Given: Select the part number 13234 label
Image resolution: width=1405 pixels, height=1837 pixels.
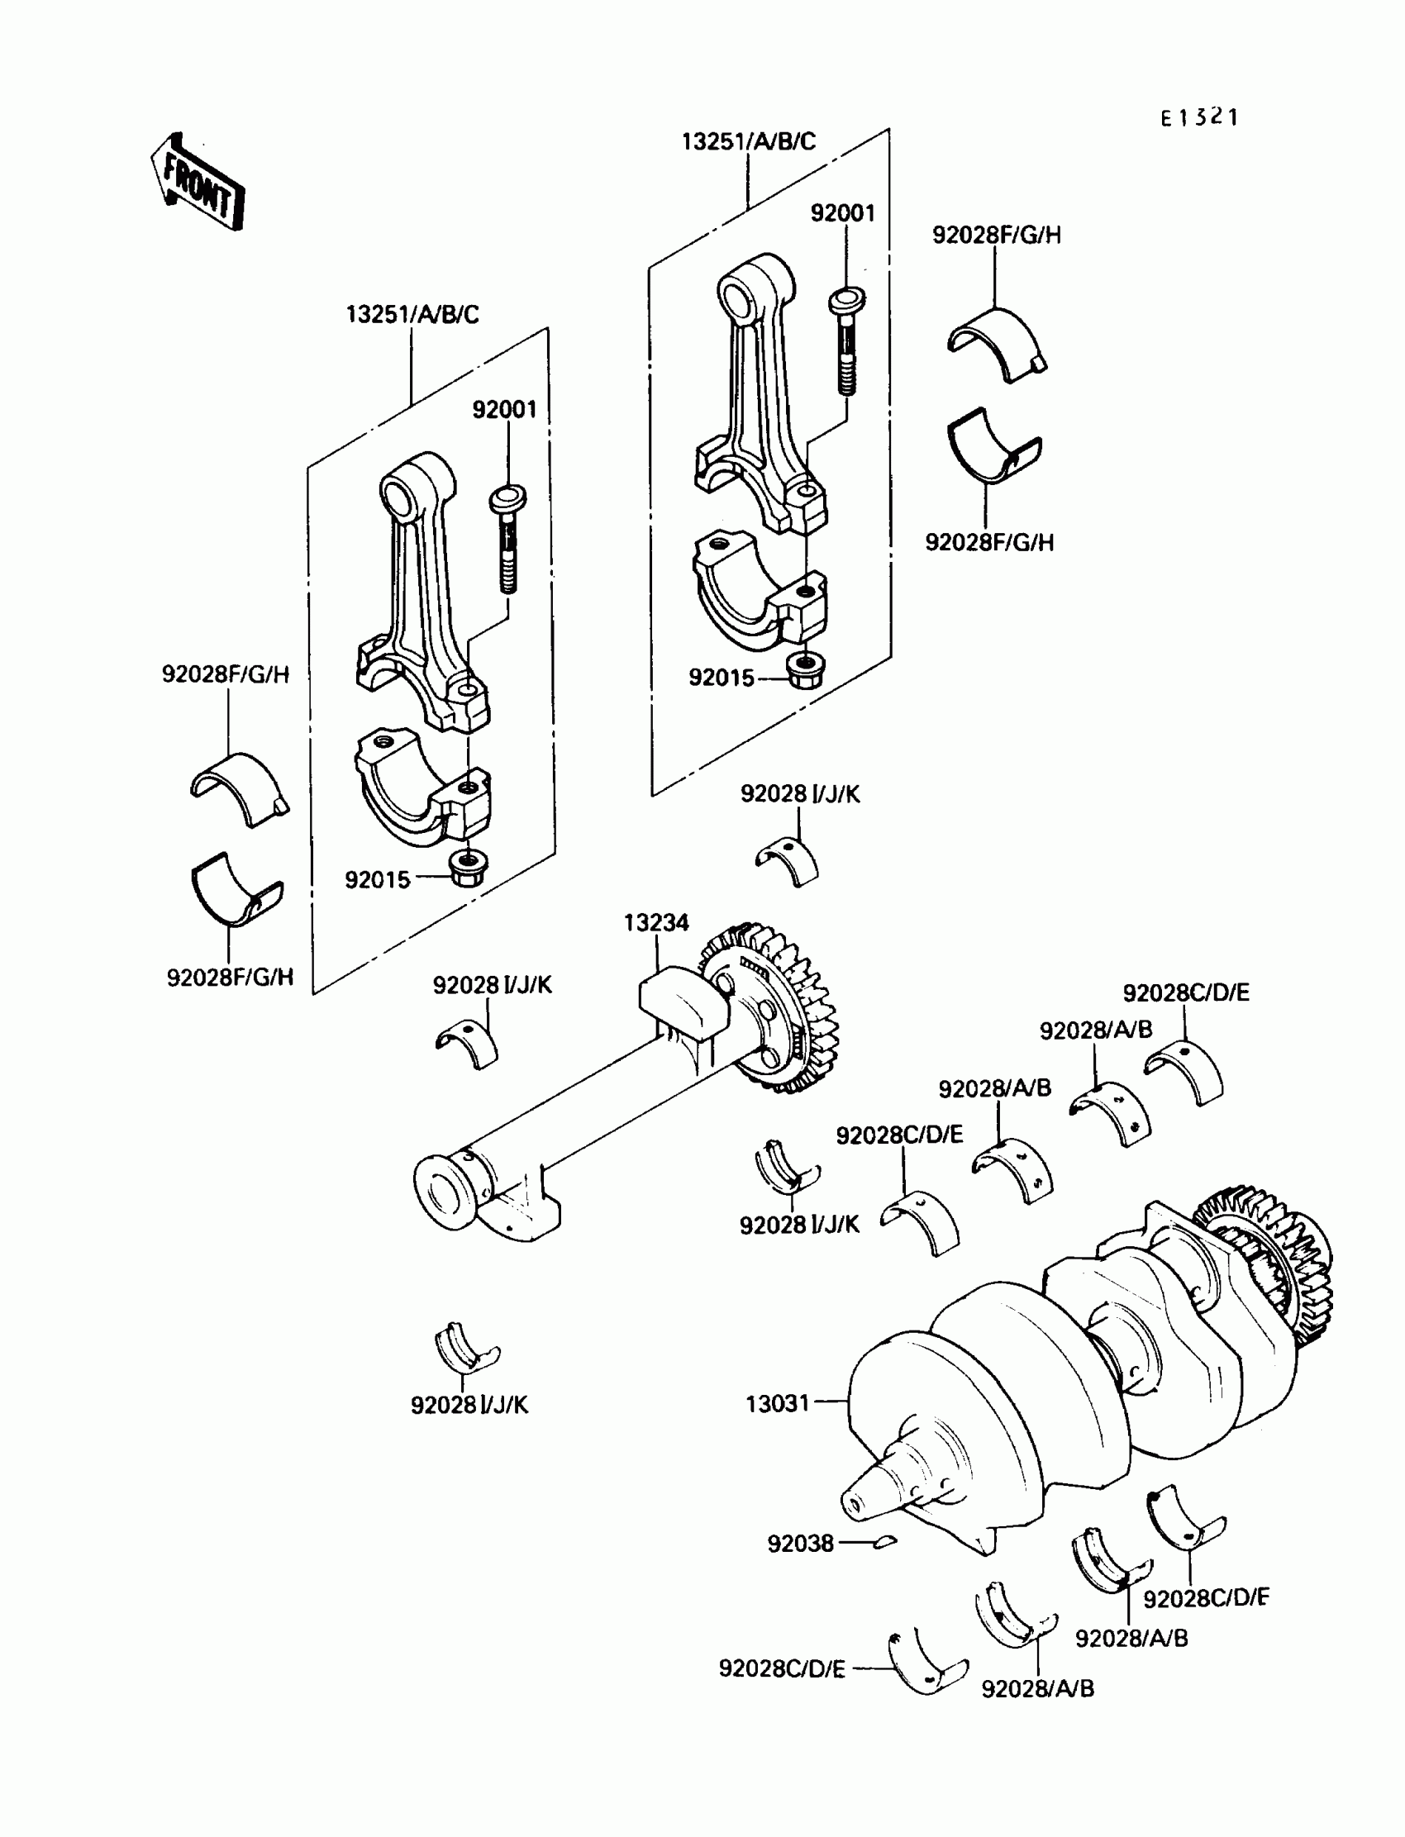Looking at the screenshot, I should [x=655, y=923].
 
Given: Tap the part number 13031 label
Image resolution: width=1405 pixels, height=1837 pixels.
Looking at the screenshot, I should [x=777, y=1404].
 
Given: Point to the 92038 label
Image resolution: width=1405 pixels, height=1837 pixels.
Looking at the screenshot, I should [x=800, y=1544].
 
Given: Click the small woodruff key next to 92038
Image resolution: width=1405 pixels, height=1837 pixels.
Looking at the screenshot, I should [x=884, y=1542].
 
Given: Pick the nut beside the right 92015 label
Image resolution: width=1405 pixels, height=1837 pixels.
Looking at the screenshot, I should [x=804, y=669].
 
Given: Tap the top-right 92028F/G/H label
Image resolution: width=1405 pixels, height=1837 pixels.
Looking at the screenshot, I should [x=996, y=236].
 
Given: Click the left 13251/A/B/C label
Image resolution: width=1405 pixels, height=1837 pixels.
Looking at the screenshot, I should [x=412, y=315].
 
